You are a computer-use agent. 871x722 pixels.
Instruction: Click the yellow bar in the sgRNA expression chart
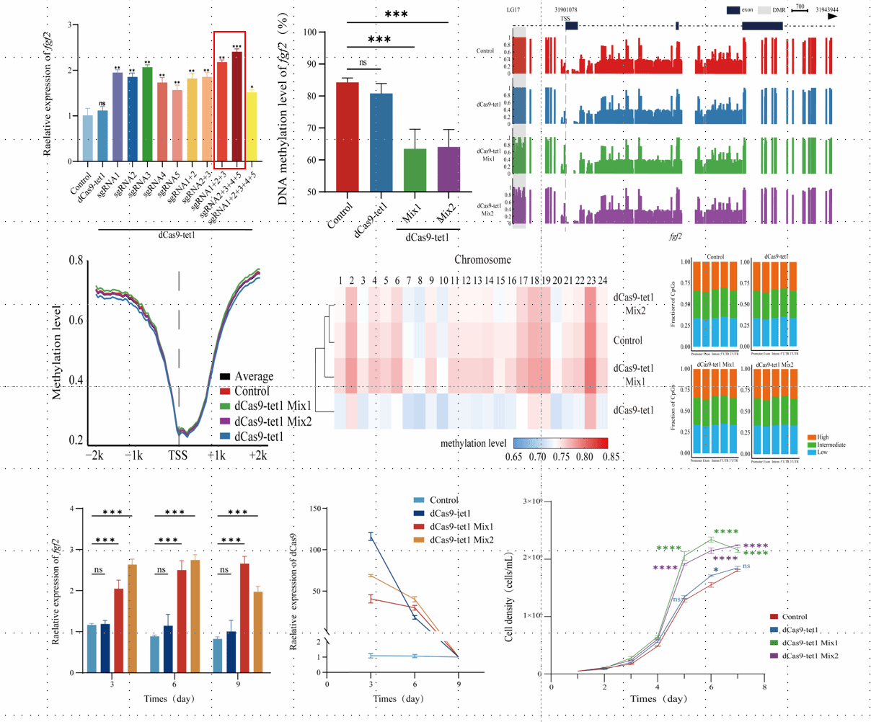pos(251,127)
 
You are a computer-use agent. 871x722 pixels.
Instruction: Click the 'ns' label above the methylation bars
pos(363,63)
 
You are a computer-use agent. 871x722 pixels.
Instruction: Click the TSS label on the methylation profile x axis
pos(178,456)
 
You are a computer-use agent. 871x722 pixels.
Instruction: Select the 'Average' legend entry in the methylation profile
pos(253,376)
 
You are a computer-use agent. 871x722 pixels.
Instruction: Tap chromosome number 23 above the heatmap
pos(591,280)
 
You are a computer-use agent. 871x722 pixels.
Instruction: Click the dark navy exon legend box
pos(732,10)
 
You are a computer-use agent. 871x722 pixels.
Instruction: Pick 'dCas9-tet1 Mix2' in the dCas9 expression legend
pos(461,540)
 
